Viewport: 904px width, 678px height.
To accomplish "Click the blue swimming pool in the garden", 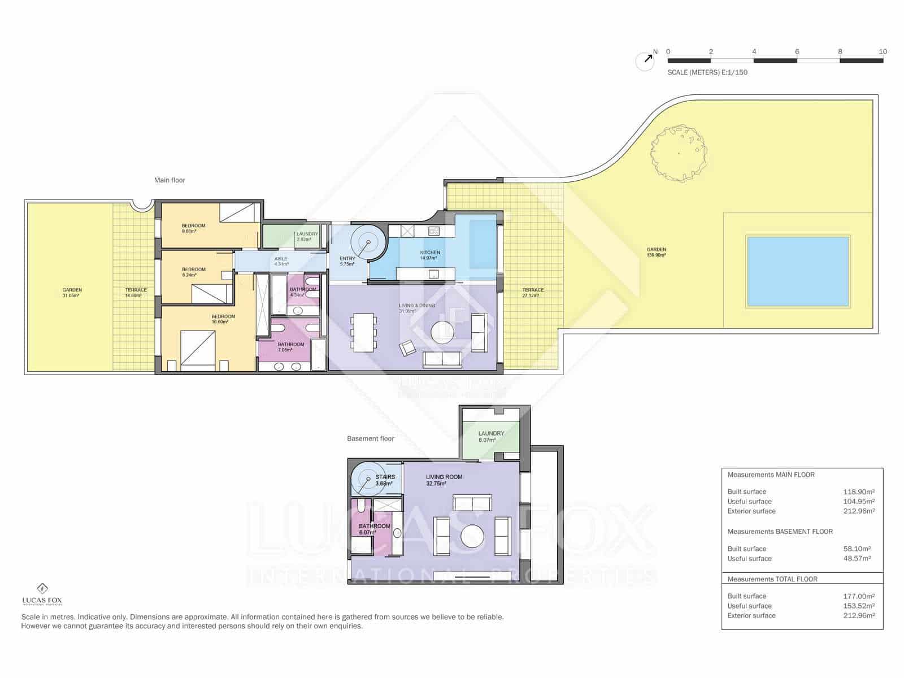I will click(798, 271).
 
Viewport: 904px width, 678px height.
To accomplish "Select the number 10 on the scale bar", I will click(883, 51).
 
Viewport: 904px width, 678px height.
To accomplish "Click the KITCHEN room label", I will click(430, 255).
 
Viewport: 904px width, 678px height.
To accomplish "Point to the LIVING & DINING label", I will click(417, 308).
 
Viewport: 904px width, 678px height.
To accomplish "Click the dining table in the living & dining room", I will click(362, 332).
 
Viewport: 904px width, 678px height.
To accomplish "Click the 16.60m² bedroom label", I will click(223, 319).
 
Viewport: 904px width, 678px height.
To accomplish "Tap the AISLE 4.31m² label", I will click(281, 261).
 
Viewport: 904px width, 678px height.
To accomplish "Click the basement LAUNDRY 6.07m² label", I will click(491, 436).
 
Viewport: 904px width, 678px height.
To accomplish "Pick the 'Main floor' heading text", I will click(169, 180).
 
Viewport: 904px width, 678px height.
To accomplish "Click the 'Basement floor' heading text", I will click(371, 438).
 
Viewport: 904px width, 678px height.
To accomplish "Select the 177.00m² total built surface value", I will click(859, 596).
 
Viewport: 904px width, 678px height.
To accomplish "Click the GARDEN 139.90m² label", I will click(657, 252).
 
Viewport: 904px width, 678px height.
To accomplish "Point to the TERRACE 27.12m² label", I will click(533, 292).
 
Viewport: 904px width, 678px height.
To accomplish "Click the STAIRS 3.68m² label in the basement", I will click(385, 480).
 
